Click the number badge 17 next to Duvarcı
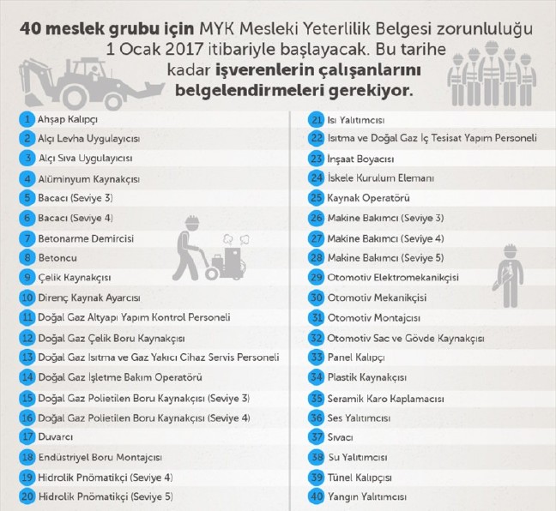[27, 436]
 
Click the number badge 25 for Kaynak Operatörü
[316, 198]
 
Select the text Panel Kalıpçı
[354, 357]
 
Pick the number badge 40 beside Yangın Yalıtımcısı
[316, 496]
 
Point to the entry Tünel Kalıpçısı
[360, 477]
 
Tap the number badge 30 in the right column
[316, 298]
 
